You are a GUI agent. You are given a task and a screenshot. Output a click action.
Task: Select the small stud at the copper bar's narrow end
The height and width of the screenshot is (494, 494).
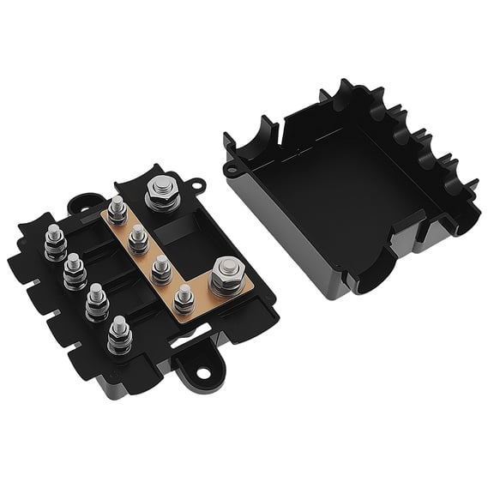117,209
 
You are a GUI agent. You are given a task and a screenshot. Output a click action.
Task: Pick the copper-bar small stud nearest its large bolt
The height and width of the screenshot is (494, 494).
182,300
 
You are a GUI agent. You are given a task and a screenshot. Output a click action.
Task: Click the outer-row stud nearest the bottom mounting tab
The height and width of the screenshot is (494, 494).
118,335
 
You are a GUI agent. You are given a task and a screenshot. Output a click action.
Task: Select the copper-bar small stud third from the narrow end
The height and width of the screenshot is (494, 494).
159,269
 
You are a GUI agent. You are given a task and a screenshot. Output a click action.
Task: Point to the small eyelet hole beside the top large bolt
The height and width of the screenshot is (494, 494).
196,184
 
